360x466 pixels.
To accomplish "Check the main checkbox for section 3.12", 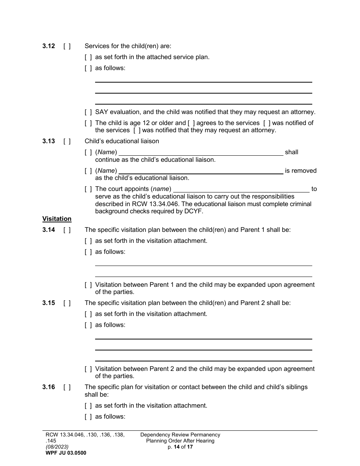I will [67, 46].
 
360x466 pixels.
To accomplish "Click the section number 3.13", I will [49, 141].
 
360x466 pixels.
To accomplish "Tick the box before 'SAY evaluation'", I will [88, 112].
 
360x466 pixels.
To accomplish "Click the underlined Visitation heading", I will [57, 219].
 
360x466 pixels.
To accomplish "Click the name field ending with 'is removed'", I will [201, 171].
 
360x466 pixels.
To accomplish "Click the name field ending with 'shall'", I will [201, 152].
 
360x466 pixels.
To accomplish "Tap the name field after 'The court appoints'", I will [241, 189].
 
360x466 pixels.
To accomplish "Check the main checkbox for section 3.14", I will [67, 230].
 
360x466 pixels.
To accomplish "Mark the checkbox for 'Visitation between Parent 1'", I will [88, 285].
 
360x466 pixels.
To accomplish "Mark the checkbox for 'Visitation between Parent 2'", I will [88, 369].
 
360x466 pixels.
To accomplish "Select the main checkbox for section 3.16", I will [67, 387].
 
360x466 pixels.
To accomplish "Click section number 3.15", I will [49, 303].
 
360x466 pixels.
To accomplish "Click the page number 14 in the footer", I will [176, 447].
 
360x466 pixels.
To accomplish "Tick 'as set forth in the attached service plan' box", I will [88, 57].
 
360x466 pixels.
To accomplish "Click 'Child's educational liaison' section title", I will [122, 141].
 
